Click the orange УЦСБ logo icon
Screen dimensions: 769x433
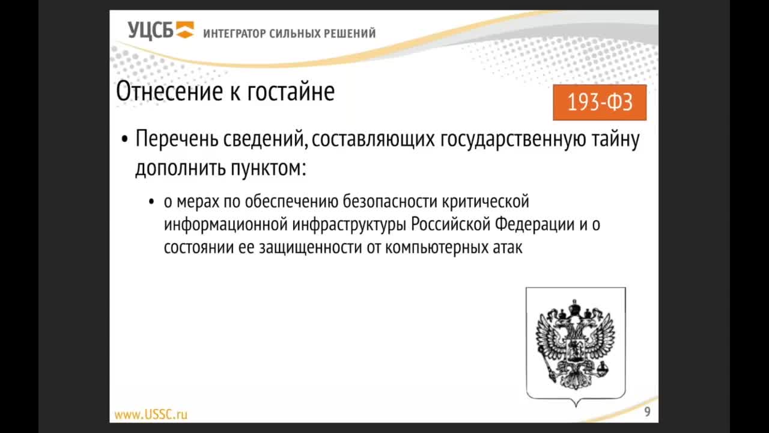185,29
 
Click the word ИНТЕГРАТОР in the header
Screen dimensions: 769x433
234,34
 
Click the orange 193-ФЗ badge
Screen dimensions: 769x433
600,102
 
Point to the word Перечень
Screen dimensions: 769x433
177,139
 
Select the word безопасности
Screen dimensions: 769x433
390,201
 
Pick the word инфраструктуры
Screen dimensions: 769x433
350,225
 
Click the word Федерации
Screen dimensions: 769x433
535,225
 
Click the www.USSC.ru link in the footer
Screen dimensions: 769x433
151,414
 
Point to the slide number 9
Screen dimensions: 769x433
647,412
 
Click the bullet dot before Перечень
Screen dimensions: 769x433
124,140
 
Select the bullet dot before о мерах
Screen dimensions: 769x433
151,201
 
